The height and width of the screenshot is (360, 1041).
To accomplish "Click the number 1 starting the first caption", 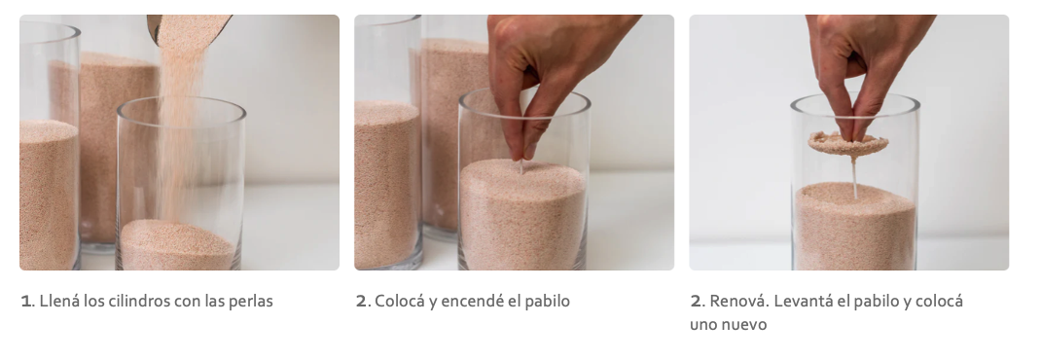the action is coord(25,302).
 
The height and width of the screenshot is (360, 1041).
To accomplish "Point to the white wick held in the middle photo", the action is coord(521,166).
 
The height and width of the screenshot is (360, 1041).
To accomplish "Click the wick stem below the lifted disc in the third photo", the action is coord(854,179).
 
